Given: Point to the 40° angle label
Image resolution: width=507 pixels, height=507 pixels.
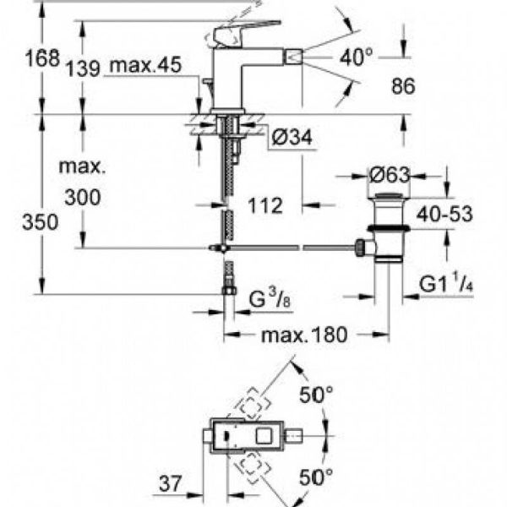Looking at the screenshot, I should [357, 57].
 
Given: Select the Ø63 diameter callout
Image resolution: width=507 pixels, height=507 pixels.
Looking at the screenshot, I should [390, 176].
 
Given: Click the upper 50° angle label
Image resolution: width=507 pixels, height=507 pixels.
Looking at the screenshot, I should [318, 395].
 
